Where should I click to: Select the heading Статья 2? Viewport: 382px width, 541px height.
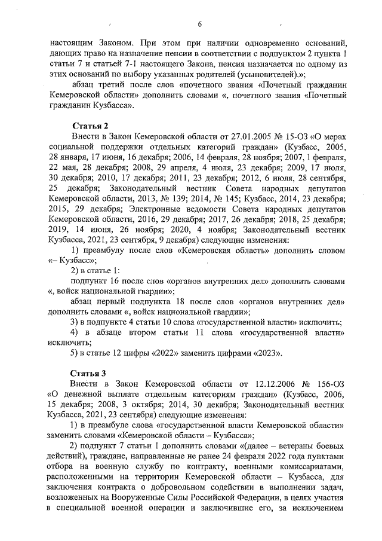coord(90,126)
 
